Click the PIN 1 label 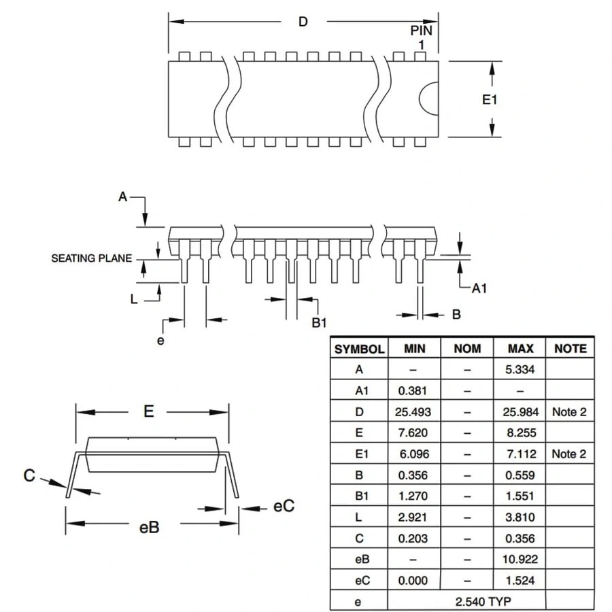click(x=421, y=36)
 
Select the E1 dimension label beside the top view click(x=490, y=100)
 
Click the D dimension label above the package click(x=303, y=22)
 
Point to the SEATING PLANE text click(x=92, y=258)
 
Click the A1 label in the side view click(x=479, y=288)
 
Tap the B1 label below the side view click(x=320, y=322)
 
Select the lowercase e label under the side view click(x=160, y=340)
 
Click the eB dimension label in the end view click(x=149, y=527)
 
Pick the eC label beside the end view click(x=284, y=507)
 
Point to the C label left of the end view click(x=29, y=475)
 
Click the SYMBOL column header click(x=359, y=349)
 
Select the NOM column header click(x=467, y=349)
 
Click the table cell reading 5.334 click(x=520, y=370)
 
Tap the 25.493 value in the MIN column click(x=413, y=412)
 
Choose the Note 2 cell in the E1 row click(x=569, y=454)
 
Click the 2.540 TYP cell click(x=466, y=601)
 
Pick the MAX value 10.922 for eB click(x=520, y=559)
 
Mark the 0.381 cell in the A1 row click(x=413, y=391)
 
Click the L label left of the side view click(x=135, y=298)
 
